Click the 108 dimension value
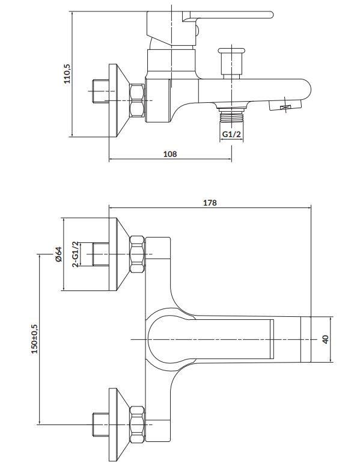(x=170, y=154)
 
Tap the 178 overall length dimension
(x=210, y=203)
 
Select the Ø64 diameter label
(x=58, y=254)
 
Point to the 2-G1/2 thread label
(x=76, y=254)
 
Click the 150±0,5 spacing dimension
(x=35, y=339)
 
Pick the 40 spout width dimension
(x=326, y=339)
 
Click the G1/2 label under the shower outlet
(x=231, y=134)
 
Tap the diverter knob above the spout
(x=231, y=63)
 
